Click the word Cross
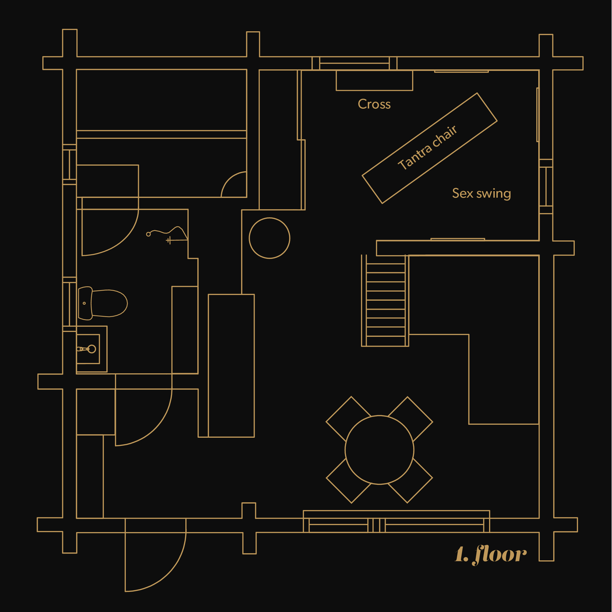(x=374, y=104)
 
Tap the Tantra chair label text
(x=428, y=148)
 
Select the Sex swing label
(x=481, y=193)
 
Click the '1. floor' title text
(x=491, y=554)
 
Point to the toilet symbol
(x=103, y=303)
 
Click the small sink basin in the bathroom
(x=88, y=349)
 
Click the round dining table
(x=379, y=449)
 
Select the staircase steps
(x=385, y=301)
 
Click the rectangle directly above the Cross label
(x=374, y=80)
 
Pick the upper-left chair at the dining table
(x=348, y=418)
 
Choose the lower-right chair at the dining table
(x=411, y=481)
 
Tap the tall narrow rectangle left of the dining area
(x=231, y=366)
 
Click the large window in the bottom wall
(x=396, y=522)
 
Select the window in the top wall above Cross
(x=354, y=64)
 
